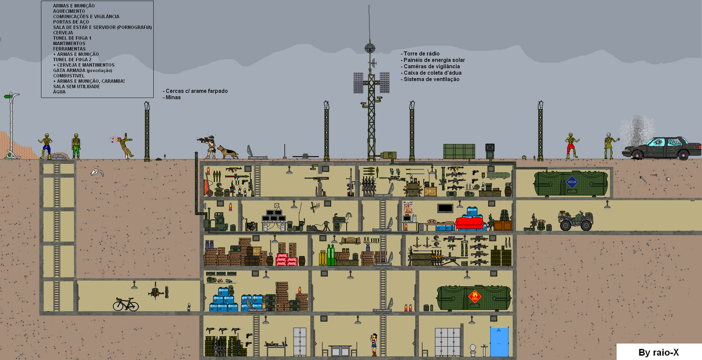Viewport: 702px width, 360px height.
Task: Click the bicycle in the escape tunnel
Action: [125, 304]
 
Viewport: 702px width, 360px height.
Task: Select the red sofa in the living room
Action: [469, 223]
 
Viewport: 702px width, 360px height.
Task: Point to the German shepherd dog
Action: [227, 152]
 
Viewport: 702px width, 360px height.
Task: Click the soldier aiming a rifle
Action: [210, 146]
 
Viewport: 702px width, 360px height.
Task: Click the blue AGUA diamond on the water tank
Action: [572, 182]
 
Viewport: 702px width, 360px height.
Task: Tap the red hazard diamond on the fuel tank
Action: [474, 296]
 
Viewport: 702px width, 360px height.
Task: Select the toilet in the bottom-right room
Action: [473, 349]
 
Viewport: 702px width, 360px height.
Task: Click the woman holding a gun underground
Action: [374, 345]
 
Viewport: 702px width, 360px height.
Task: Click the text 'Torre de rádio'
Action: [421, 54]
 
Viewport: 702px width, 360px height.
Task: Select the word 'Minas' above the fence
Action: [173, 97]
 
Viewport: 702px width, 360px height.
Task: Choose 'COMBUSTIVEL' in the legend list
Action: [69, 76]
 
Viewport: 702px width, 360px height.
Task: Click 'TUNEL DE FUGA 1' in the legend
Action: [72, 38]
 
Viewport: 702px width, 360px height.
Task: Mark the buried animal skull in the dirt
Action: [97, 173]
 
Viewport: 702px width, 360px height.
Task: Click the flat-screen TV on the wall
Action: [445, 208]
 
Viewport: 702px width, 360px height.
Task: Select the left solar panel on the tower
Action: [358, 83]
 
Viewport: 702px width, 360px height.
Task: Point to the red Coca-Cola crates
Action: [287, 259]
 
